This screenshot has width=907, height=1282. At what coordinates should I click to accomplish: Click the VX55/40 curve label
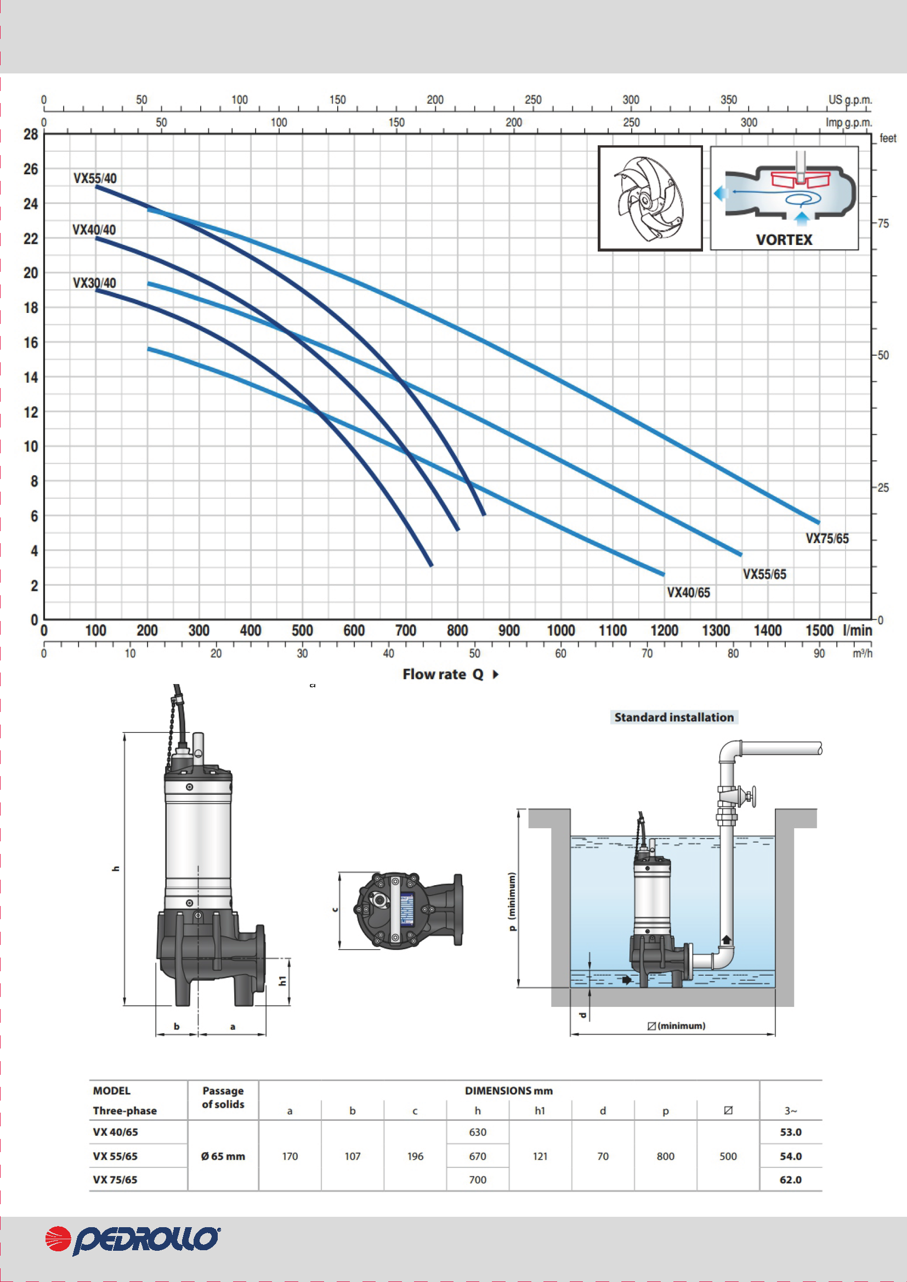pos(95,179)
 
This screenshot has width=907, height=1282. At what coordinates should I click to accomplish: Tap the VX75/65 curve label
pos(826,539)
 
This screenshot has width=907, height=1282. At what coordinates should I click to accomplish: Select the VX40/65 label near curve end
pos(688,593)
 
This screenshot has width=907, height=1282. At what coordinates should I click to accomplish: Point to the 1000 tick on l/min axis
pos(561,631)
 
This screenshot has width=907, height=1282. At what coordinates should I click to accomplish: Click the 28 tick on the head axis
pos(31,135)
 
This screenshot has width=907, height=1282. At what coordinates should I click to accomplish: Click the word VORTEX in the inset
pos(784,240)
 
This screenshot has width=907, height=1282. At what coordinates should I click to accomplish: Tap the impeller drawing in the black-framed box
pos(649,199)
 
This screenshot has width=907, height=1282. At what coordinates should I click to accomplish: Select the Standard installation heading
pos(673,717)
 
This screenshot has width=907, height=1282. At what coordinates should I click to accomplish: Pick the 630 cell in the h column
pos(478,1132)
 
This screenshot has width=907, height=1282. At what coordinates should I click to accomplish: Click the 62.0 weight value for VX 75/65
pos(790,1180)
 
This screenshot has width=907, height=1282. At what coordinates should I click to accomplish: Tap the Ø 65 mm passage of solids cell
pos(223,1156)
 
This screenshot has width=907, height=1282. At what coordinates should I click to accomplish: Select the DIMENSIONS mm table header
pos(508,1091)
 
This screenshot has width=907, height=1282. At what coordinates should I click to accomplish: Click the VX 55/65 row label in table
pos(115,1156)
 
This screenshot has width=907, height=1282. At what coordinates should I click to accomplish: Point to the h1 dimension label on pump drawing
pos(282,981)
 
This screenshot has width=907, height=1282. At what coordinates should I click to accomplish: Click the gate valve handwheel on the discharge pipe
pos(751,796)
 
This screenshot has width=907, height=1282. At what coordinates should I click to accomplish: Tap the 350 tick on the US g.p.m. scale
pos(728,100)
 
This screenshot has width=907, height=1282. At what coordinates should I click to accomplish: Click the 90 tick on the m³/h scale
pos(819,653)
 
